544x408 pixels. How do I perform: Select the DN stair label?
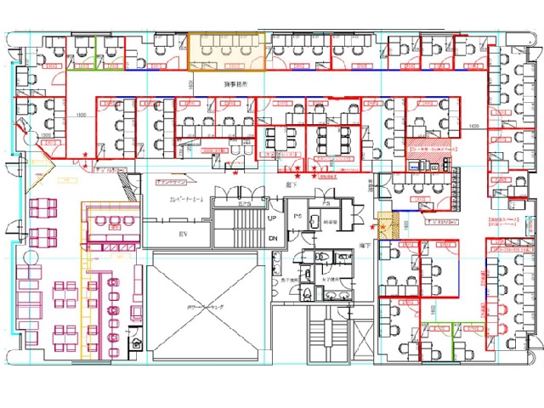(273, 239)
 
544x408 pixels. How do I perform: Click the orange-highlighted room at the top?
(224, 50)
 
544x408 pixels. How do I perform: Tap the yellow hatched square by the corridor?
(387, 222)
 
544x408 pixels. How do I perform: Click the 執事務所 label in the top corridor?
(235, 85)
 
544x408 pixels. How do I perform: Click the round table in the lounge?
(137, 344)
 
